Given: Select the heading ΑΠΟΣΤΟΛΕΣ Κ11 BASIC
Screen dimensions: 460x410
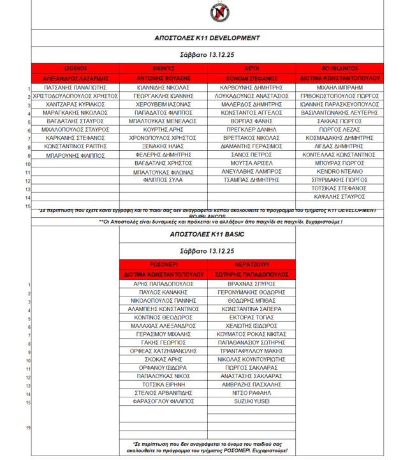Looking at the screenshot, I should pos(207,234).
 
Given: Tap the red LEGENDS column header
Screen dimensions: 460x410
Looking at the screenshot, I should pos(75,68).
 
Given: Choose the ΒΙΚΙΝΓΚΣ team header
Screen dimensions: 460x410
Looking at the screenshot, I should pos(163,68).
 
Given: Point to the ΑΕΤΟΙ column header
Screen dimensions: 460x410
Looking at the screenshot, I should pos(251,68).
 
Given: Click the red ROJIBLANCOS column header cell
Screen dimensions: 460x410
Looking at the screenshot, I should pos(340,68).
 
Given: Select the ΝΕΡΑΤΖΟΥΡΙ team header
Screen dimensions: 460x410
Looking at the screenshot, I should pos(251,263).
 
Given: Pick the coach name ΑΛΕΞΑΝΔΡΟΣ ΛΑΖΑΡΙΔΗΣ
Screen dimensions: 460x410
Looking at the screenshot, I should pos(75,77).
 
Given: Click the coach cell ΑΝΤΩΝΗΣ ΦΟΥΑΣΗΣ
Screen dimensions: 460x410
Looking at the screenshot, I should pos(163,77).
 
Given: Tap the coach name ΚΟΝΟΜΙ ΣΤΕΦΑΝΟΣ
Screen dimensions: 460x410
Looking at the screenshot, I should pos(251,77).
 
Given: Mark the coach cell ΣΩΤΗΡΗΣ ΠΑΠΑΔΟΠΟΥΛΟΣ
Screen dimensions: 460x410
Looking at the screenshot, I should pos(251,273).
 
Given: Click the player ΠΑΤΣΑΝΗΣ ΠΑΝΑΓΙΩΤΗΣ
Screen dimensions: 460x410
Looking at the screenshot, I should pos(75,86).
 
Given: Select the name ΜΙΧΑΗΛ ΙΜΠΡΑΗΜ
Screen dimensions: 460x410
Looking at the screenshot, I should pos(340,86).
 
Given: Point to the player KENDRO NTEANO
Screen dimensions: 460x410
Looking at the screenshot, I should pos(340,172).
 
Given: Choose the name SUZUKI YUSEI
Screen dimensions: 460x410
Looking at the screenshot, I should pos(251,402).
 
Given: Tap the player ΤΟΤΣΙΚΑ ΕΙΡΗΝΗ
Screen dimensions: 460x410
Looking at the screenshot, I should pos(163,385).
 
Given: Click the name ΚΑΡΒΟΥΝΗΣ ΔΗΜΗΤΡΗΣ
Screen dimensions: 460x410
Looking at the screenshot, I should pos(251,86).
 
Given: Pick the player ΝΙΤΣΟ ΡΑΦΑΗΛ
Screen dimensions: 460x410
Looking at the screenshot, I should pos(251,394).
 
